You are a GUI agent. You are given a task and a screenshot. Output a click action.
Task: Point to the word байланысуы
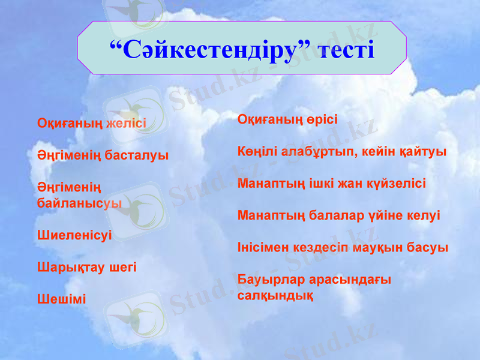click(x=79, y=203)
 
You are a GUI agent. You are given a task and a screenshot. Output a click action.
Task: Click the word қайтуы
click(x=424, y=151)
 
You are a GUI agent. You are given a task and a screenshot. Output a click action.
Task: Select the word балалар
click(x=336, y=215)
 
